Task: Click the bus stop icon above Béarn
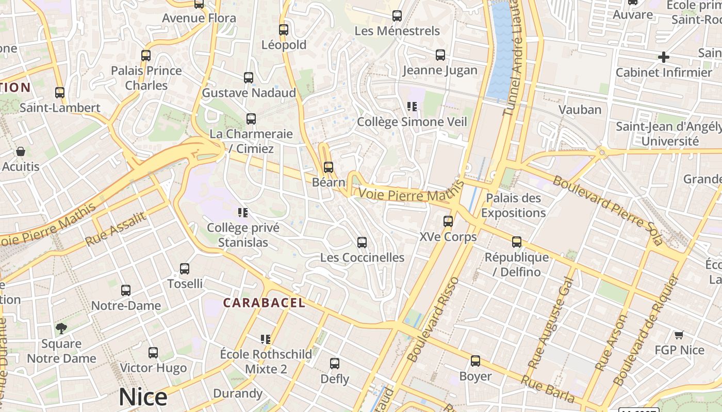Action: tap(329, 167)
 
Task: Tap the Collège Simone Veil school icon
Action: tap(412, 107)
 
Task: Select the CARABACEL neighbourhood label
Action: tap(264, 303)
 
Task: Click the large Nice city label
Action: tap(143, 397)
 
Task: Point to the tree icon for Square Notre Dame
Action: tap(61, 329)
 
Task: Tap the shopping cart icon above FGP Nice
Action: tap(679, 335)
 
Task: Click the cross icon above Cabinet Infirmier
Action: tap(664, 57)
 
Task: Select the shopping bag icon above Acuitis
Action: tap(21, 151)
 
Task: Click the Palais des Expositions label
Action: tap(513, 205)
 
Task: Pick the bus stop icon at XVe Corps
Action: tap(448, 221)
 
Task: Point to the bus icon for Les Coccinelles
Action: tap(362, 242)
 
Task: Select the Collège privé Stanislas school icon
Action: tap(243, 212)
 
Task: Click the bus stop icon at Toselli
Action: tap(185, 268)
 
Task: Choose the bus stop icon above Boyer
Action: tap(475, 361)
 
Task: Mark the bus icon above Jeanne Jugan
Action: tap(440, 55)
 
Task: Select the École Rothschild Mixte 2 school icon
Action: tap(266, 339)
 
